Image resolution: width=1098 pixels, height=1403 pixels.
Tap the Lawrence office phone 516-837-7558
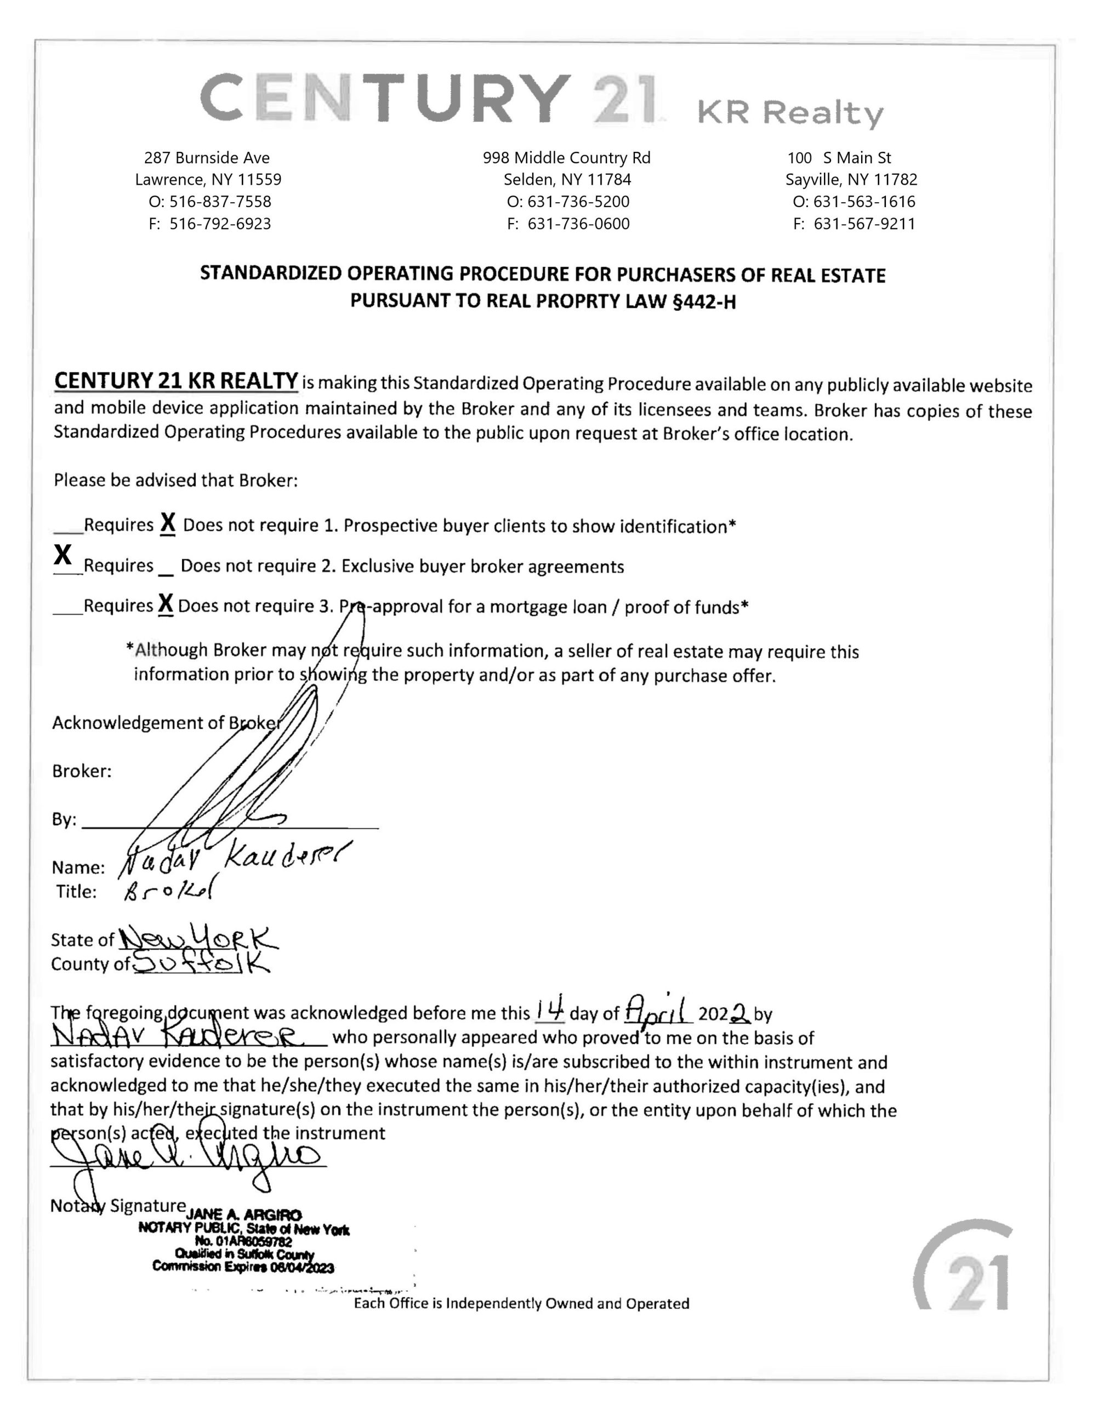point(209,202)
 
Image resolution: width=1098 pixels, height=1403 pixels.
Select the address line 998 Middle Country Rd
point(566,157)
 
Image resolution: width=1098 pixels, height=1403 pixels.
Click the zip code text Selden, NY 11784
point(567,179)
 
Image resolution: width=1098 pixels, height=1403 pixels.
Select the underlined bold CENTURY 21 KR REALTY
point(175,381)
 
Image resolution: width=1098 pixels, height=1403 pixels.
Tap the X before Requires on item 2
point(63,554)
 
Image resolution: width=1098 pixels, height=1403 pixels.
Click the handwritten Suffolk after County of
point(202,963)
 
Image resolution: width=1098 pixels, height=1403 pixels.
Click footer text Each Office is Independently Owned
point(521,1303)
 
